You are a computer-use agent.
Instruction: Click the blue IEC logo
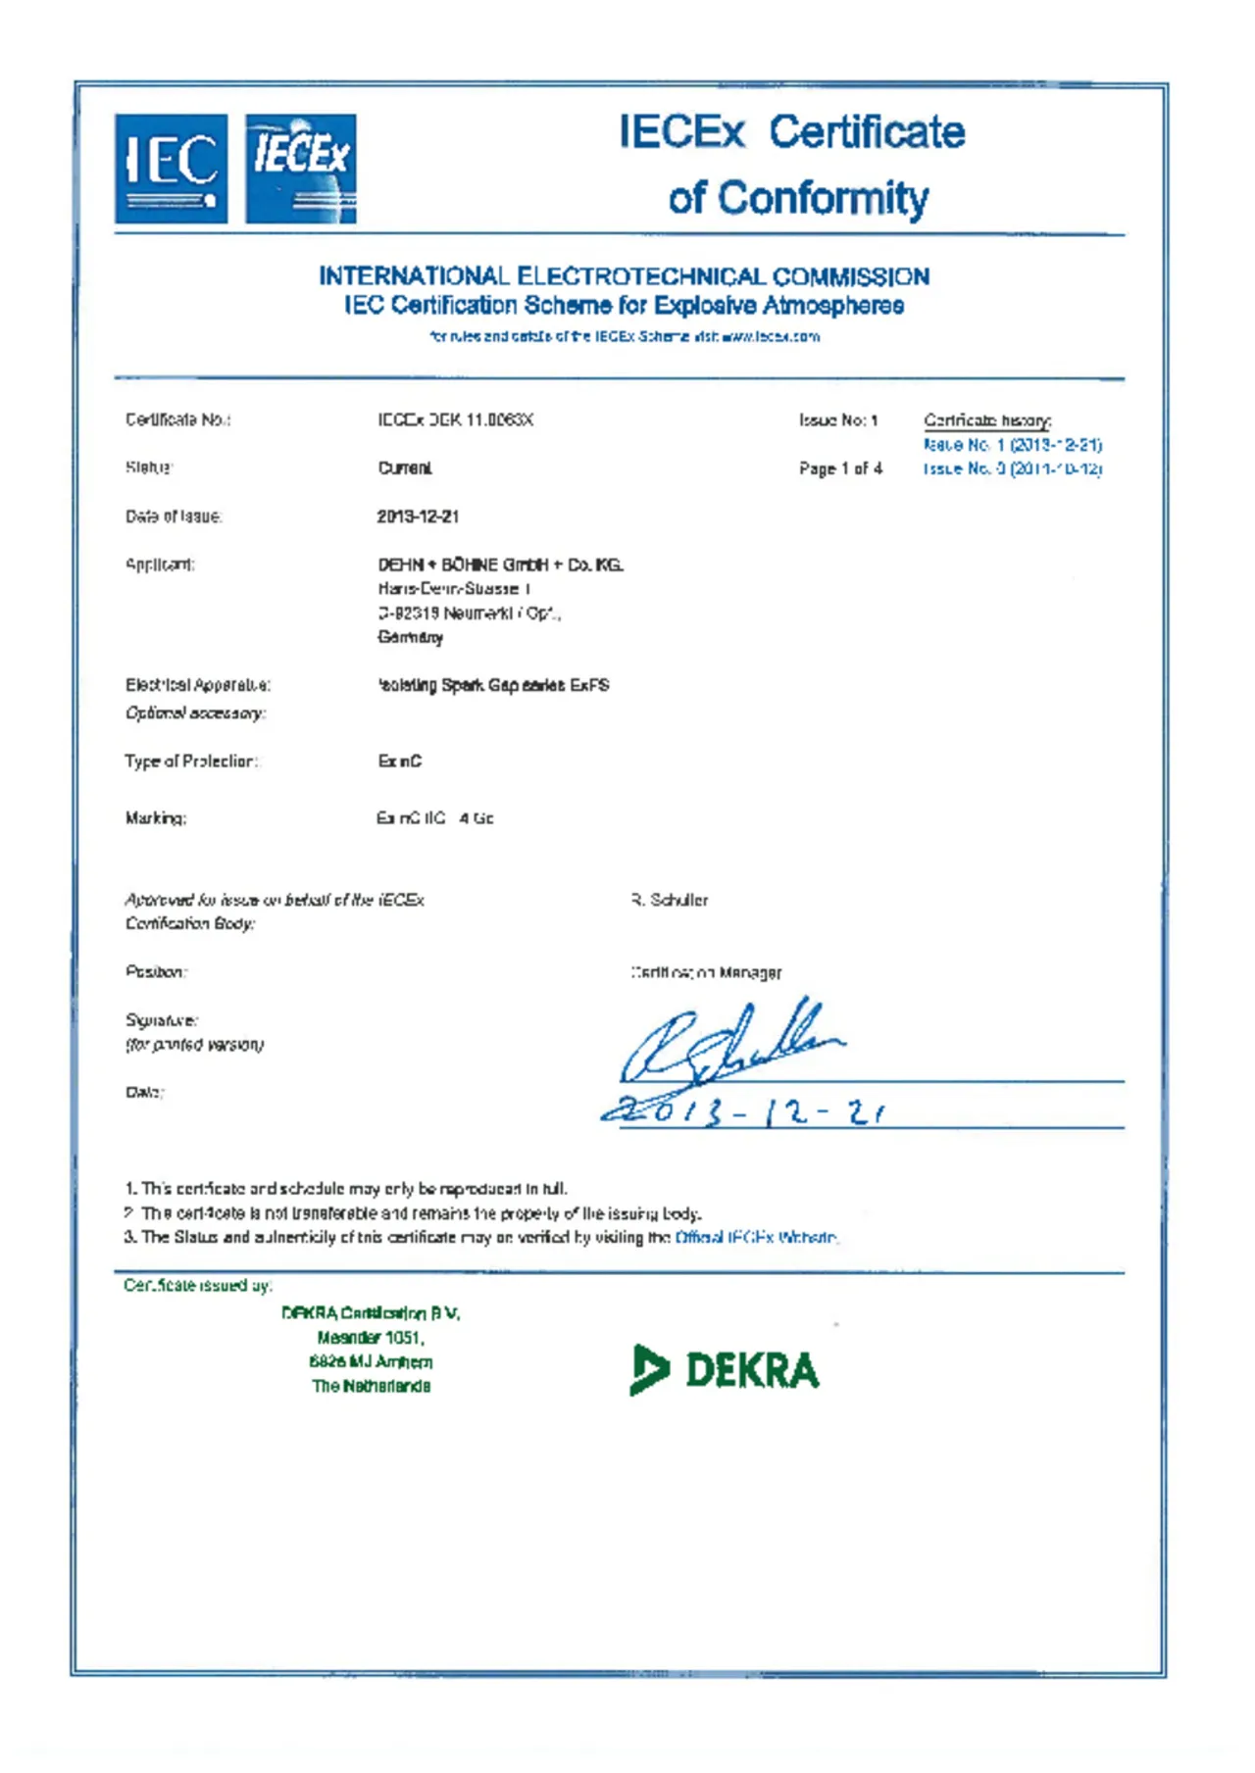(171, 169)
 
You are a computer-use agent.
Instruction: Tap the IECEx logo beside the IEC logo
(300, 169)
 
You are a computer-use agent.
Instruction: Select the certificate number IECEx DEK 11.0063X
(455, 419)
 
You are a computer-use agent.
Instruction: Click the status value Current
(405, 468)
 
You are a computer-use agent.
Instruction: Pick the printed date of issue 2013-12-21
(418, 516)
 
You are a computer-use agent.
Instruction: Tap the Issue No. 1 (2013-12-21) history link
(1012, 444)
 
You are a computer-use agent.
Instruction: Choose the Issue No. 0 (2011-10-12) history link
(1012, 468)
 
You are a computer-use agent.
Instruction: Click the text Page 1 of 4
(840, 468)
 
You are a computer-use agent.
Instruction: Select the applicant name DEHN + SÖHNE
(500, 565)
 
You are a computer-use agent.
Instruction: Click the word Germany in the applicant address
(410, 637)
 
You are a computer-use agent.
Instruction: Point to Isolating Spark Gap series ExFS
(493, 685)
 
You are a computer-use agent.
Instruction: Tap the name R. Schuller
(670, 900)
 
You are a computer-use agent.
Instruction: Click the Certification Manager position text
(706, 972)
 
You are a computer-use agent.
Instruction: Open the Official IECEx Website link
(756, 1237)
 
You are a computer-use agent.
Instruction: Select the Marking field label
(155, 817)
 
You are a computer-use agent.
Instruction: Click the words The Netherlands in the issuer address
(371, 1386)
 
